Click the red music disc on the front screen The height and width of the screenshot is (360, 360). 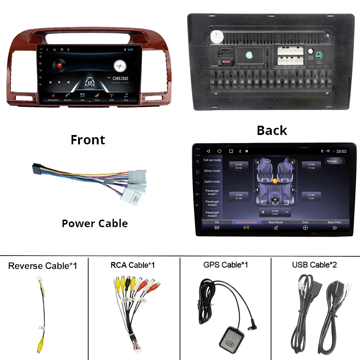pyautogui.click(x=59, y=66)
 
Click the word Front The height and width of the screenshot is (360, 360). pyautogui.click(x=88, y=140)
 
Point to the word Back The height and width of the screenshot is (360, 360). pyautogui.click(x=272, y=130)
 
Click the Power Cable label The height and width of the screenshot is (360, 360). pyautogui.click(x=95, y=224)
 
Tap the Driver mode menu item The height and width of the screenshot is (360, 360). pyautogui.click(x=212, y=171)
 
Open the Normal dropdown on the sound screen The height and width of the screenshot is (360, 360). pyautogui.click(x=335, y=161)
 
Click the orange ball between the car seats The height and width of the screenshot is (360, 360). pyautogui.click(x=275, y=181)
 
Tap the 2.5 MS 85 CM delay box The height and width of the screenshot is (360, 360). pyautogui.click(x=239, y=166)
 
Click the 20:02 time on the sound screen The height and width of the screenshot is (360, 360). pyautogui.click(x=341, y=152)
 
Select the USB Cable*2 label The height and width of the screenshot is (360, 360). pyautogui.click(x=315, y=265)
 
